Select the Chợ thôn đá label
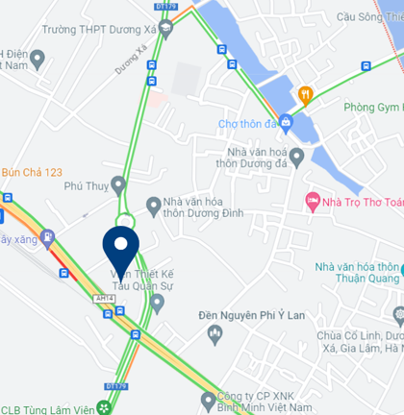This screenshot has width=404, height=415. [246, 123]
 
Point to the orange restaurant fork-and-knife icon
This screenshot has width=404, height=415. [305, 94]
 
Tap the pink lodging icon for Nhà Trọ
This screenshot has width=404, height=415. [312, 201]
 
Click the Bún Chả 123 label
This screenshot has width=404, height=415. [32, 172]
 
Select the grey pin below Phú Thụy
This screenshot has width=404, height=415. [118, 183]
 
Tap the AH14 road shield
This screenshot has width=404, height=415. [105, 300]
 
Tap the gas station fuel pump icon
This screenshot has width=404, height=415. [48, 238]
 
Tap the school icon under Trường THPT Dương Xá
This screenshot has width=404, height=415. [165, 29]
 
